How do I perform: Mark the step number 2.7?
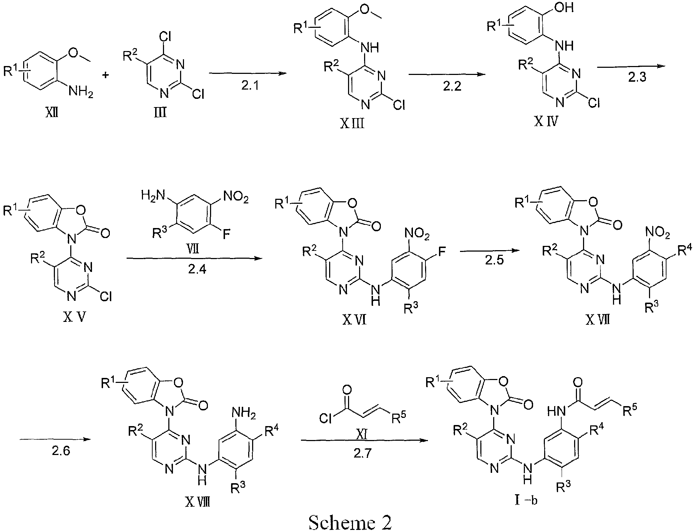363,453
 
